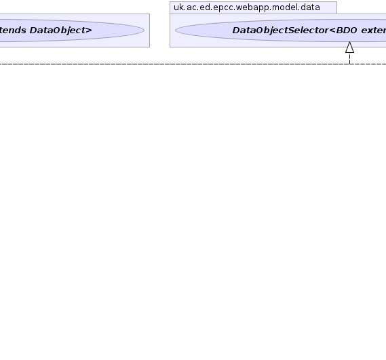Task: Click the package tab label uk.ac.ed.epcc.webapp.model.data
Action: [x=247, y=7]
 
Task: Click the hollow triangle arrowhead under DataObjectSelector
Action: [x=349, y=47]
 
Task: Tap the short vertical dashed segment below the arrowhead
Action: [x=349, y=58]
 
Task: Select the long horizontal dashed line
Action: [x=193, y=64]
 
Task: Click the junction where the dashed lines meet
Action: [x=349, y=64]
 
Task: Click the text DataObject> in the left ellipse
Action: [x=61, y=31]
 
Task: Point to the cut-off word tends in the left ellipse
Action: [x=13, y=31]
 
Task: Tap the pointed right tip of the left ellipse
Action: [x=144, y=31]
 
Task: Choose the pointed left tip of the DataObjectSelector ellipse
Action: [x=175, y=31]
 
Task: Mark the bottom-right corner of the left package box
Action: [x=149, y=47]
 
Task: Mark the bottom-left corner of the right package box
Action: [x=170, y=47]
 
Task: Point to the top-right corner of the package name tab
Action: [x=336, y=2]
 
